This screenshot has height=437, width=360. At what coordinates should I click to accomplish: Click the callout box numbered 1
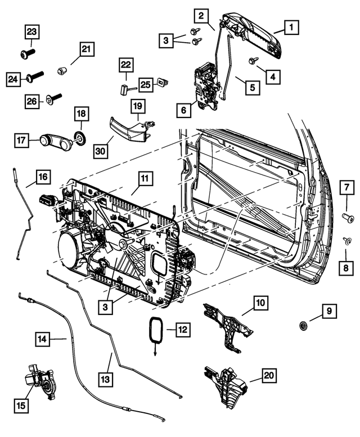tap(291, 26)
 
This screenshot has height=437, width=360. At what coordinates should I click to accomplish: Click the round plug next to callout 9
tap(304, 326)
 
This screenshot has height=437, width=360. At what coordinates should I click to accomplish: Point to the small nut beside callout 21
tap(63, 71)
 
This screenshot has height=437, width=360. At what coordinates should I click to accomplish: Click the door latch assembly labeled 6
tap(206, 83)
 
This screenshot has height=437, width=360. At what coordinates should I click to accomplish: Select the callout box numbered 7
tap(346, 185)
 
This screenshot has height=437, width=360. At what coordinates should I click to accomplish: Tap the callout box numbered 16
tap(42, 177)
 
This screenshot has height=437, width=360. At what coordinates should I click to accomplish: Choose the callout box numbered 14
tap(43, 339)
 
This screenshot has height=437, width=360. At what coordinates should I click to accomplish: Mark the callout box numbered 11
tap(144, 179)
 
